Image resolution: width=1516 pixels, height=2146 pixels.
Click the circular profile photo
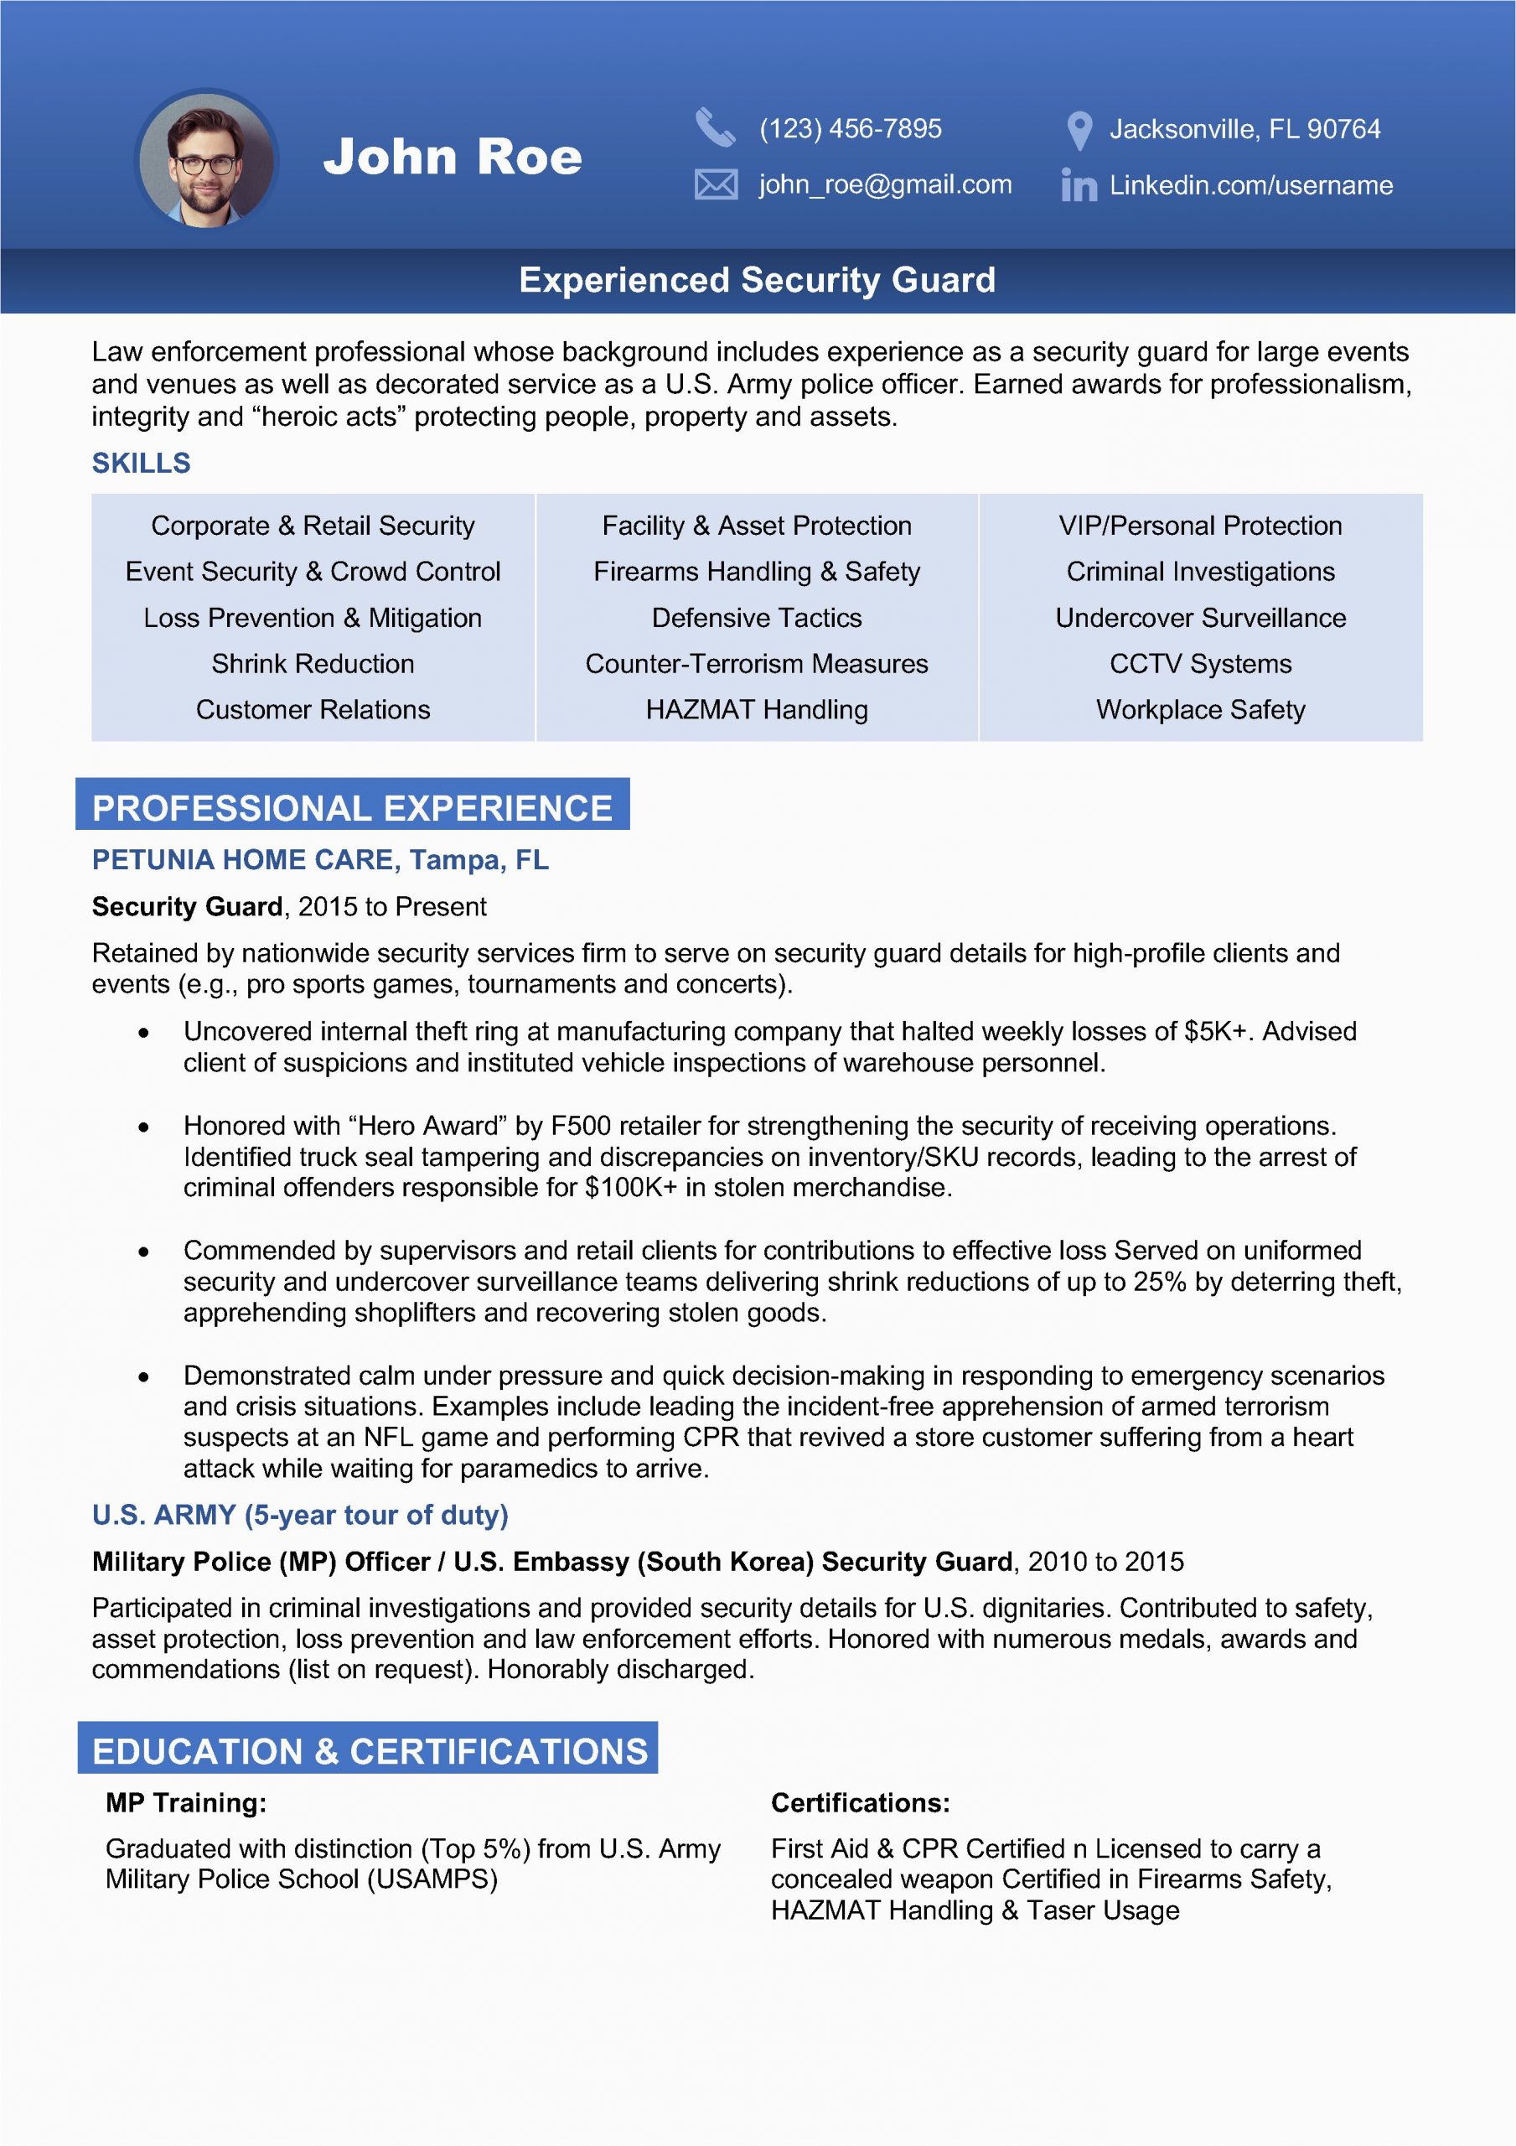(206, 160)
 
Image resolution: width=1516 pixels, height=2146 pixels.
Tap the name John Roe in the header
(453, 157)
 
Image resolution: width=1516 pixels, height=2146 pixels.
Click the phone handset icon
(715, 128)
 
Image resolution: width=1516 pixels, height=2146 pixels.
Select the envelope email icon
(716, 184)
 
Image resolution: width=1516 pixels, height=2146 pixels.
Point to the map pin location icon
(1079, 131)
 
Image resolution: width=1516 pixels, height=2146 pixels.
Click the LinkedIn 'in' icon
(1079, 185)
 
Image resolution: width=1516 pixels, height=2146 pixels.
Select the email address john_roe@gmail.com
(884, 184)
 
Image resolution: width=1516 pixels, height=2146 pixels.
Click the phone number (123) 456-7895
(850, 128)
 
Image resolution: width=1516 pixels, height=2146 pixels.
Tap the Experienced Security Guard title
(757, 279)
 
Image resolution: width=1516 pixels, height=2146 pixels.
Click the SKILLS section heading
(141, 463)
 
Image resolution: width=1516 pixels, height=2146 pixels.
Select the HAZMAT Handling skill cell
(756, 709)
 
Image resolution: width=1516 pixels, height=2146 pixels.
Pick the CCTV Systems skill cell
(1200, 664)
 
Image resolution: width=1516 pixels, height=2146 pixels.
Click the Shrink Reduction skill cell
(313, 664)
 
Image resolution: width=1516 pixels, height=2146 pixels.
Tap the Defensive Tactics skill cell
(756, 618)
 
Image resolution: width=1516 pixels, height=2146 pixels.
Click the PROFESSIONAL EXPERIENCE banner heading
(352, 807)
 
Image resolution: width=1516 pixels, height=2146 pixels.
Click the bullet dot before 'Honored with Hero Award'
(143, 1127)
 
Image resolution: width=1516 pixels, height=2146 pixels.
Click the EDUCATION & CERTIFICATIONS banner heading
(370, 1750)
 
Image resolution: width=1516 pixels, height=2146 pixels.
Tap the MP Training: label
(186, 1802)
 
